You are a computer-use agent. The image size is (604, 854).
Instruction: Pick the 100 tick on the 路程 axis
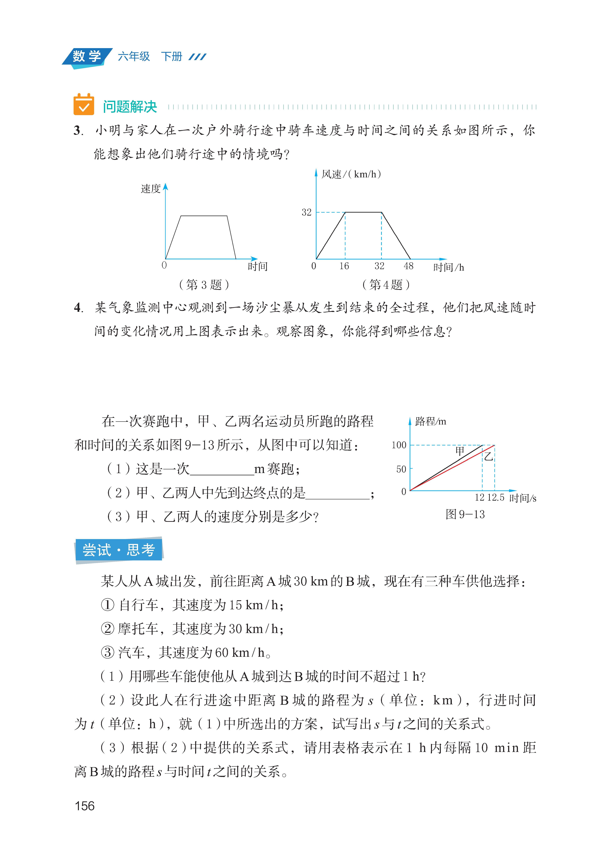pos(399,445)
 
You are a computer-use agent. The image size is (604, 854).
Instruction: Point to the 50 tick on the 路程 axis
pos(401,469)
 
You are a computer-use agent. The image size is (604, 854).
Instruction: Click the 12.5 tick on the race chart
pos(496,498)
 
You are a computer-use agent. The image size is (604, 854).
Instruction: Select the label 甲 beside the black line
pos(460,451)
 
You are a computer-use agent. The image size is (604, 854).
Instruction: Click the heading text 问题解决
pos(130,107)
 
